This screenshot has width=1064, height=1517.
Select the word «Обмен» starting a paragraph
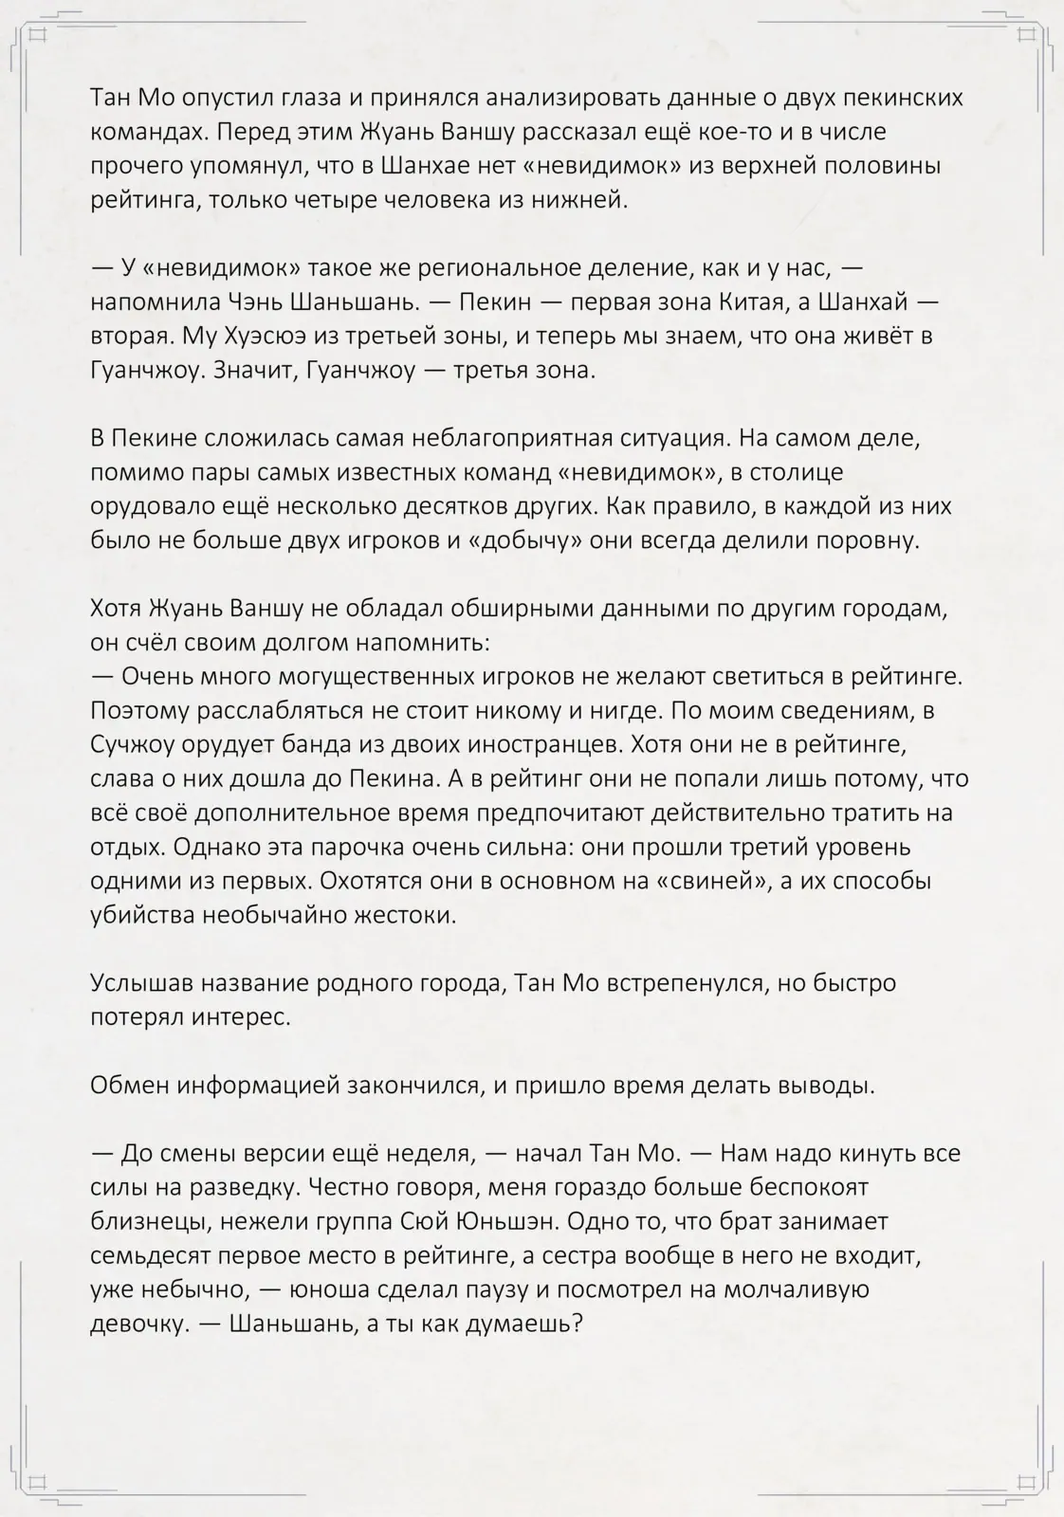(x=130, y=1086)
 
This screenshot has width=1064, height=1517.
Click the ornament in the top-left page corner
(x=38, y=36)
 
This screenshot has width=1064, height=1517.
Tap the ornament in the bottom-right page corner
(x=1026, y=1481)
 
